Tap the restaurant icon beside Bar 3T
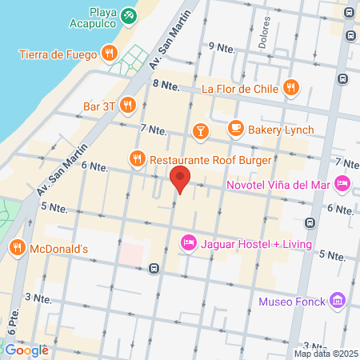point(126,104)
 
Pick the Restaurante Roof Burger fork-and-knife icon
point(137,158)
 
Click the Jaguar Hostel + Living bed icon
point(189,241)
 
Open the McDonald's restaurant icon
point(17,248)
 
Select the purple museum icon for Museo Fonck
point(338,302)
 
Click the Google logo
point(26,350)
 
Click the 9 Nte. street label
point(222,47)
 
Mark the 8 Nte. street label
point(165,84)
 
